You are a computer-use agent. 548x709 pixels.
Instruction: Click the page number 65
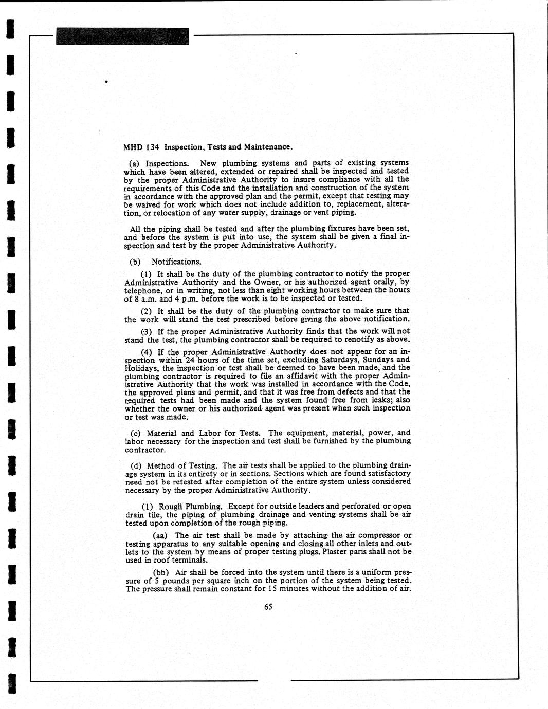(268, 606)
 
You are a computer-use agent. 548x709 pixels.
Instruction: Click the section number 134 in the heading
(153, 147)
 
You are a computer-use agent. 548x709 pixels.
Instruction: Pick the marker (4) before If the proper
(147, 352)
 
